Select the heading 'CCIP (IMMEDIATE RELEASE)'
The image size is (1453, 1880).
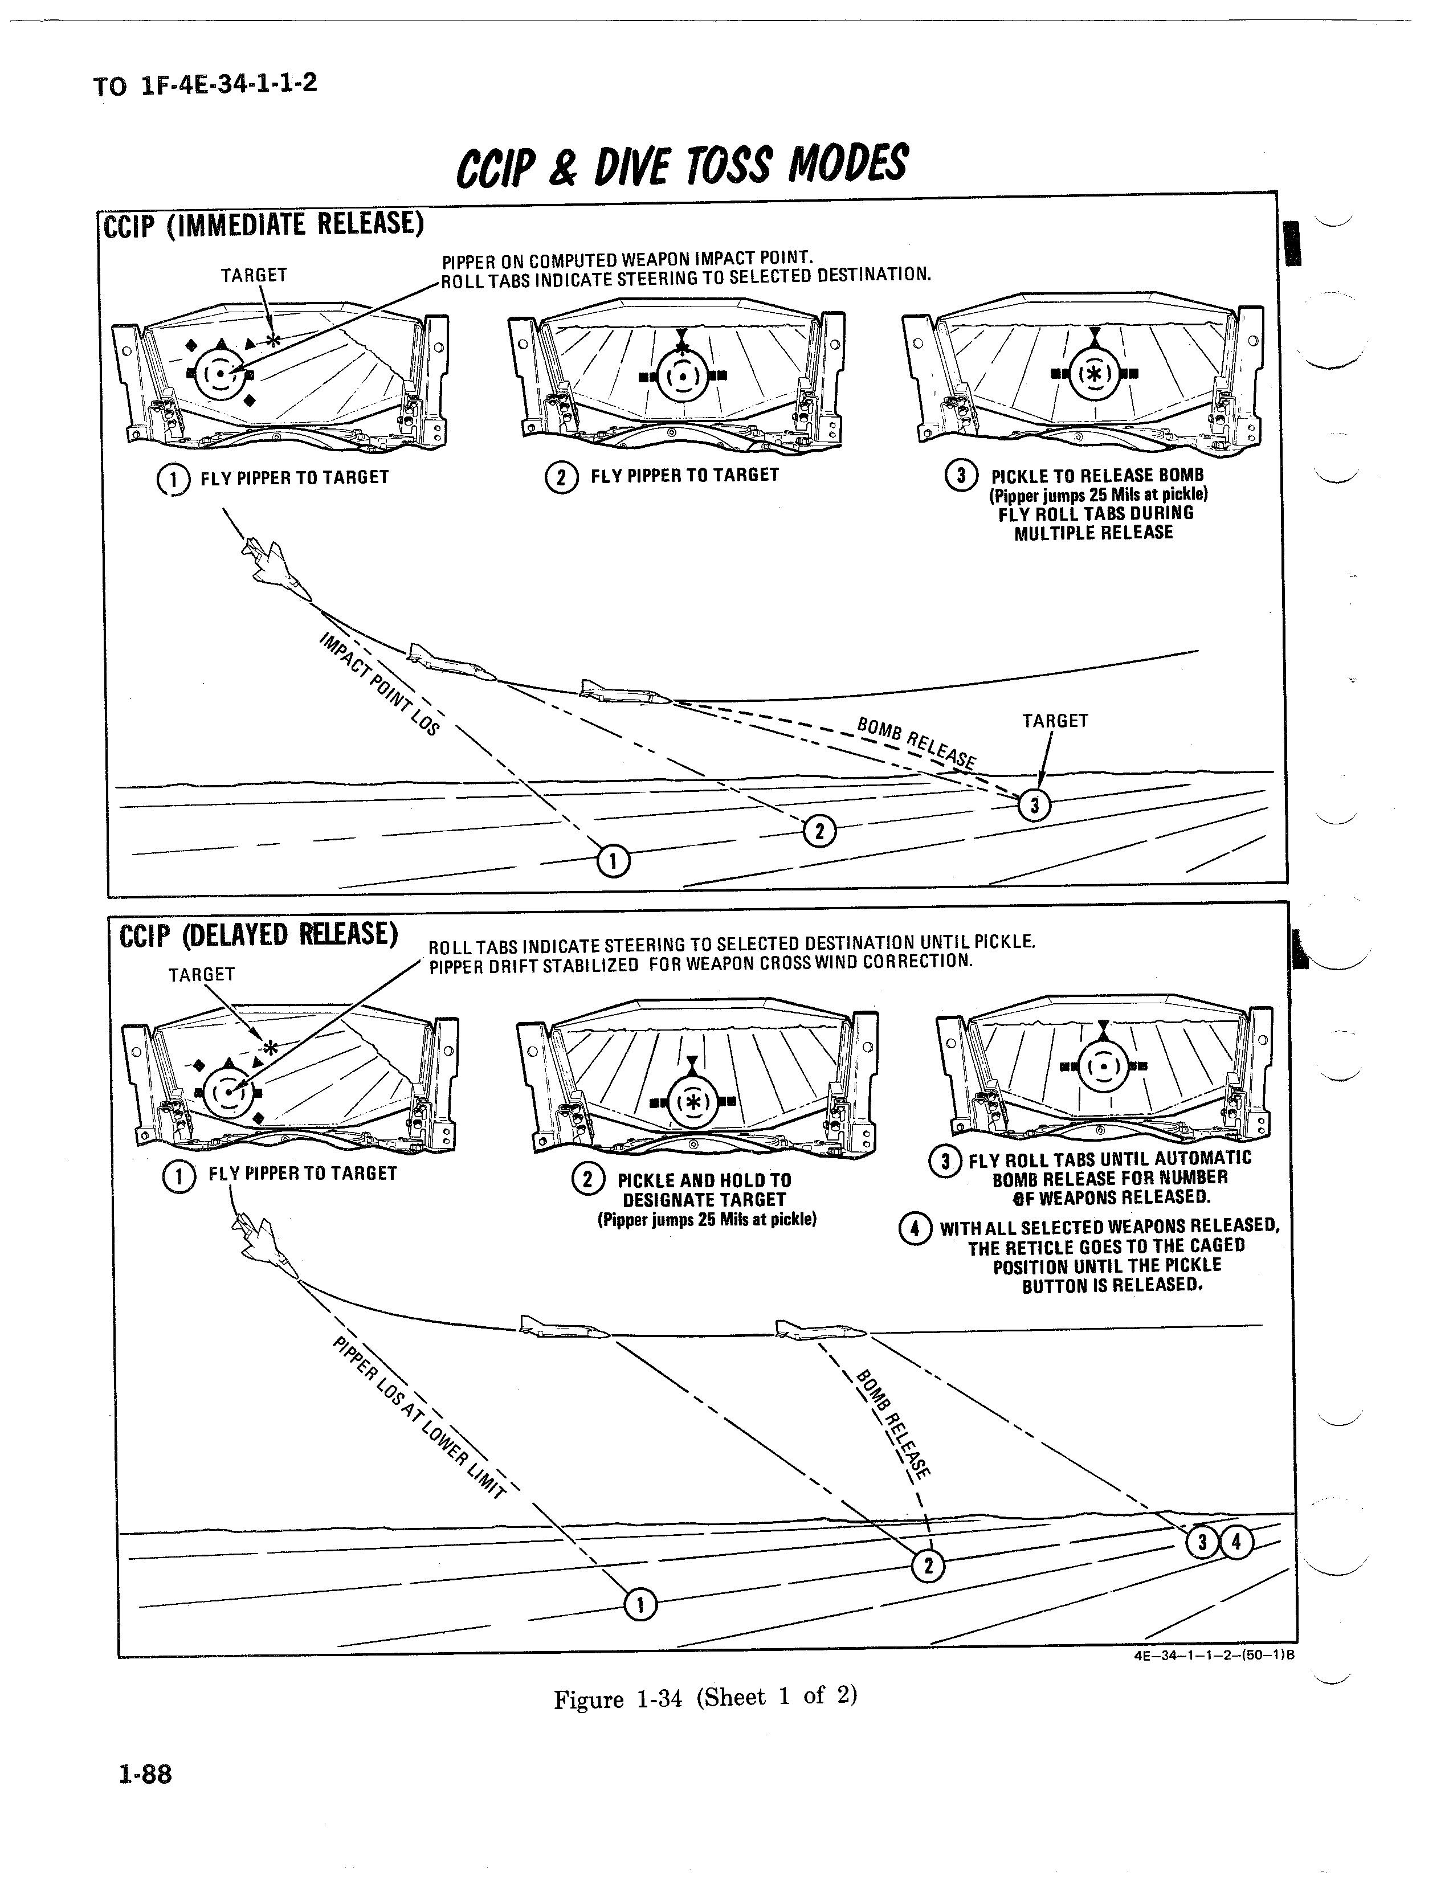(x=263, y=224)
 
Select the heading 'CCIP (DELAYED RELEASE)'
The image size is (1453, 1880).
(x=258, y=934)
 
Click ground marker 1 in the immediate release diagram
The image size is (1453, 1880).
(x=614, y=860)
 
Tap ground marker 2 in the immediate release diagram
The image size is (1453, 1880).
(x=819, y=832)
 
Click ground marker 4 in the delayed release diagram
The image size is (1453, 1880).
(x=1236, y=1542)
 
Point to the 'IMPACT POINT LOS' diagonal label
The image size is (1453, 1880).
(x=379, y=684)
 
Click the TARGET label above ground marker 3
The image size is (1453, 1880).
(x=1055, y=721)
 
